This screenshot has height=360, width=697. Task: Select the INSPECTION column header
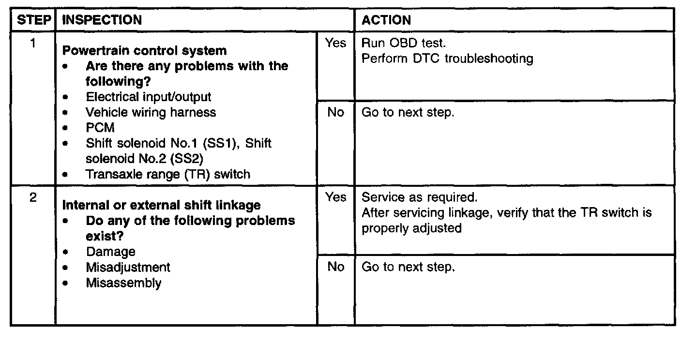102,20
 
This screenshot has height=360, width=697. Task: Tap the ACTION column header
386,20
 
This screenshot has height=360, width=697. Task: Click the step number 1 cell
32,43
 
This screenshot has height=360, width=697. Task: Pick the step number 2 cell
32,198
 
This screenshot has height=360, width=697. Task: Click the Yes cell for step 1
335,43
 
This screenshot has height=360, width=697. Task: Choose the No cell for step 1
335,112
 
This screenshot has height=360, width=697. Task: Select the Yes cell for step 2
335,197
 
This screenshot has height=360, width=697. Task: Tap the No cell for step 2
335,267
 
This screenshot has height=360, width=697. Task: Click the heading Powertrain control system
144,51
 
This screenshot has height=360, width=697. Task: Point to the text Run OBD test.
400,43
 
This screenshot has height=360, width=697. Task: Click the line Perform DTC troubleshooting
447,59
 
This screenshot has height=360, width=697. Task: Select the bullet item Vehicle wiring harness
151,112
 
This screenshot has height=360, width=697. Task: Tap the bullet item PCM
100,128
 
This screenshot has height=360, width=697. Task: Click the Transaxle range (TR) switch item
168,174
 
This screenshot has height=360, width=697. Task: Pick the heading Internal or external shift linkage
161,205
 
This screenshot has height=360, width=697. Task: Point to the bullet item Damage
110,252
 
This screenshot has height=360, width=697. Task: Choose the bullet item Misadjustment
128,267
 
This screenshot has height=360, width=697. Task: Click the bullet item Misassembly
123,283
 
